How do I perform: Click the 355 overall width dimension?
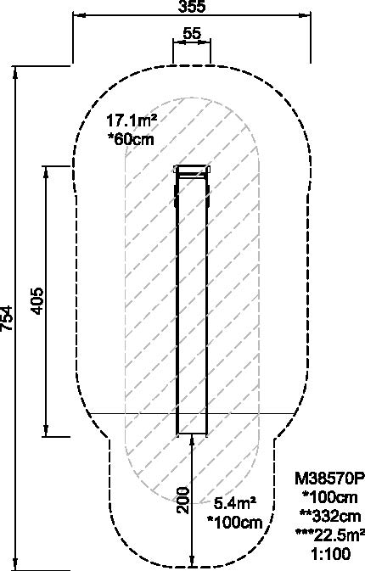coord(192,6)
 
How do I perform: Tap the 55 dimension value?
coord(192,33)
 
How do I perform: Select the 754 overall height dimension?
coord(6,318)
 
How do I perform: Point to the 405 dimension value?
coord(36,301)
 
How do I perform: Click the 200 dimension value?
coord(183,500)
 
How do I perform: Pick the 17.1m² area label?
coord(132,120)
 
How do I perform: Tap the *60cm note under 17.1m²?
coord(131,139)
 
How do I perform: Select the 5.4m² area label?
coord(234,504)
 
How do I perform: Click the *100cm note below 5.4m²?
coord(234,523)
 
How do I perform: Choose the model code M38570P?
coord(329,479)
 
